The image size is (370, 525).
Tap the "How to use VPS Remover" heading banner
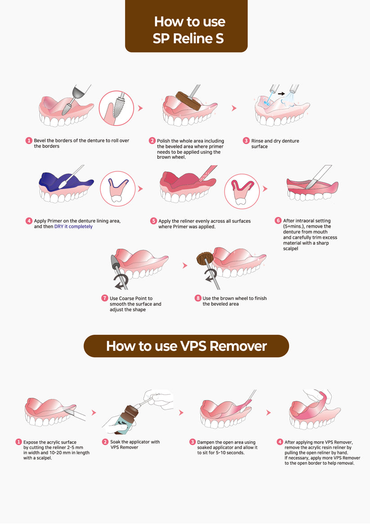tap(186, 346)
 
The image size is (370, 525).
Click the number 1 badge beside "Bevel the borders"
tap(29, 141)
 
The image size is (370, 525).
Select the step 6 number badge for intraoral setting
tap(278, 221)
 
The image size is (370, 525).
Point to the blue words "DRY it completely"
tap(73, 227)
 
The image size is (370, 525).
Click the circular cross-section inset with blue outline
tap(117, 189)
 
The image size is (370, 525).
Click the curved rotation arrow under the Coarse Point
tap(119, 283)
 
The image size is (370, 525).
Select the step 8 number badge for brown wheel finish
tap(197, 298)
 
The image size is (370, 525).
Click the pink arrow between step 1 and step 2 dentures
tap(140, 108)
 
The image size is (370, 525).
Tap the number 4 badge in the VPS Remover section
tap(280, 442)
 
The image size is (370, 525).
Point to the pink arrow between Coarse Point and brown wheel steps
tap(184, 265)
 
